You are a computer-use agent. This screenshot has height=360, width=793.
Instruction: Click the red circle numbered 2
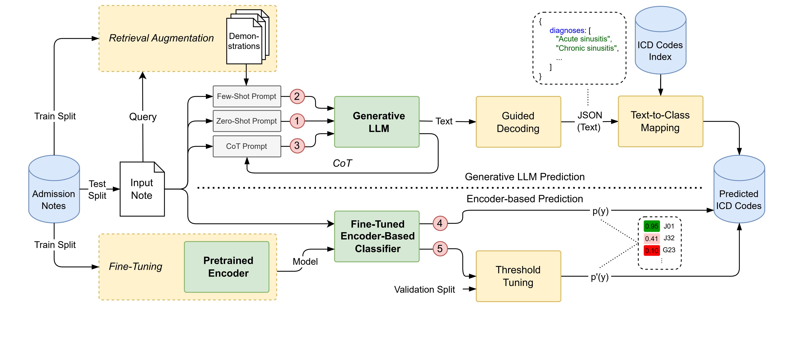297,96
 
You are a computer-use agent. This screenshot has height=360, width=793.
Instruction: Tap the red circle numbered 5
440,249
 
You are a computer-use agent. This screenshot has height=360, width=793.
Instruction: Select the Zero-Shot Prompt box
247,121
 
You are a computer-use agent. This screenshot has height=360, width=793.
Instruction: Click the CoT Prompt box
247,146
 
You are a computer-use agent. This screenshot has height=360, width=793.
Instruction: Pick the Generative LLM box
377,122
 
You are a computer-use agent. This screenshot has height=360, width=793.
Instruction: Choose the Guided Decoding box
518,122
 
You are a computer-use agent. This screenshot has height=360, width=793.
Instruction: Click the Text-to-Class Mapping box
660,121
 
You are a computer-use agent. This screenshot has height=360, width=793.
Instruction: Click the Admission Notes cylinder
54,191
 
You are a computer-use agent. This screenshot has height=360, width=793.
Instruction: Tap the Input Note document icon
142,189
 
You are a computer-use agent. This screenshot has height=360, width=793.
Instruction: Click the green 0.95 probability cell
651,226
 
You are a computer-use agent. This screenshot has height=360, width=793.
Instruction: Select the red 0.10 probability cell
651,250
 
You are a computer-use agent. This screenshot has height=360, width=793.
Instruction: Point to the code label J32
669,238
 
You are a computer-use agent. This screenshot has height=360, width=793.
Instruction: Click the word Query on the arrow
143,117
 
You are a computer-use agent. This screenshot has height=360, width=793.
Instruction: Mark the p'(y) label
599,277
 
